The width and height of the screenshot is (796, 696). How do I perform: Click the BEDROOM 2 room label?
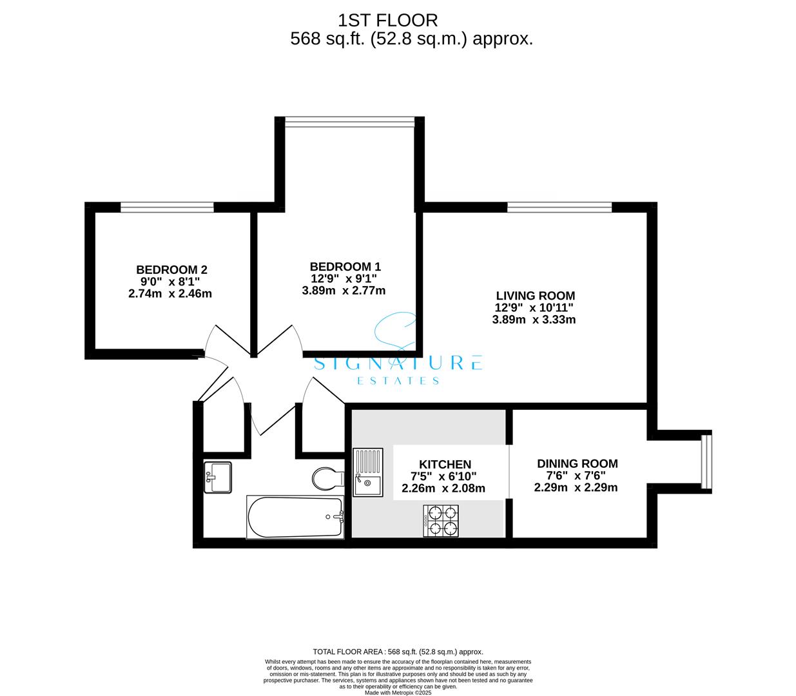click(171, 269)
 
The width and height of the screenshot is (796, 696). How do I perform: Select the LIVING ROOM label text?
click(535, 296)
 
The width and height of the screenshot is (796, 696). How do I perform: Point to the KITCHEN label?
click(445, 464)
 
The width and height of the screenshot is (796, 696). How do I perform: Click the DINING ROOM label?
click(577, 463)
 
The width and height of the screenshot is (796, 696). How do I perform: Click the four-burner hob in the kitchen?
click(442, 521)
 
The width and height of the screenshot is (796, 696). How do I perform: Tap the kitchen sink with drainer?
click(367, 472)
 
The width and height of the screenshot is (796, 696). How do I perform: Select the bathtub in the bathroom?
click(295, 517)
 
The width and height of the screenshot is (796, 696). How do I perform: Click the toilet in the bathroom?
click(327, 479)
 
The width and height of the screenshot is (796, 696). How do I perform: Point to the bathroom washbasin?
click(217, 478)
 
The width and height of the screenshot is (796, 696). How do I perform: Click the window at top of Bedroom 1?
click(349, 122)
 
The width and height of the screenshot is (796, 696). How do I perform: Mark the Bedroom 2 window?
click(167, 207)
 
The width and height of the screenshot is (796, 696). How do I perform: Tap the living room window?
click(559, 207)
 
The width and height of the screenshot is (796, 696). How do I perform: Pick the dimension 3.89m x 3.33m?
click(534, 320)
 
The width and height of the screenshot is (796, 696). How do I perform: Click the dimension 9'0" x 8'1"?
click(170, 282)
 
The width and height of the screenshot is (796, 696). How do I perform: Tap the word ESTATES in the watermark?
click(398, 381)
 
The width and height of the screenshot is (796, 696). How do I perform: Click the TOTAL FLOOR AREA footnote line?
click(398, 652)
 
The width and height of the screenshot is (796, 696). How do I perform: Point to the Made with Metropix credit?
click(398, 693)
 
